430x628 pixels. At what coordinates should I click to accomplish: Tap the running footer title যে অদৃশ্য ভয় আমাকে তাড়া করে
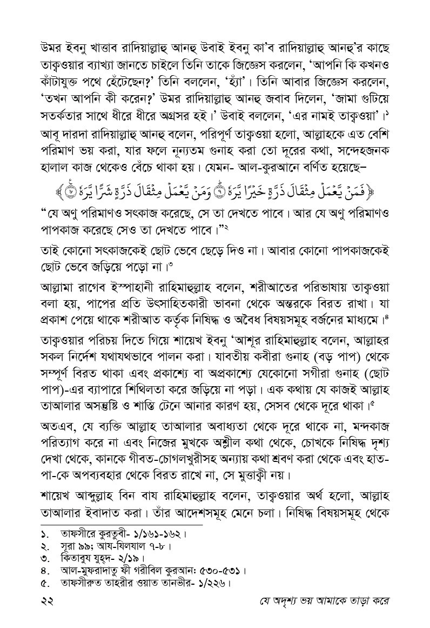322,601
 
